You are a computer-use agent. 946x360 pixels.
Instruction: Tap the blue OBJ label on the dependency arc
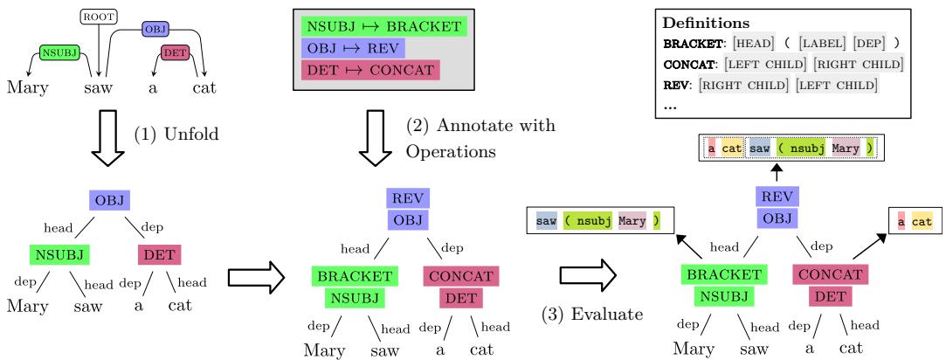(x=154, y=30)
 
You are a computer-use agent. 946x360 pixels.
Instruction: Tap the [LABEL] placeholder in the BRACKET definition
(x=802, y=44)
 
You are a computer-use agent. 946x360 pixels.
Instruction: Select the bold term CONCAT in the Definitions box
(x=692, y=65)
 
